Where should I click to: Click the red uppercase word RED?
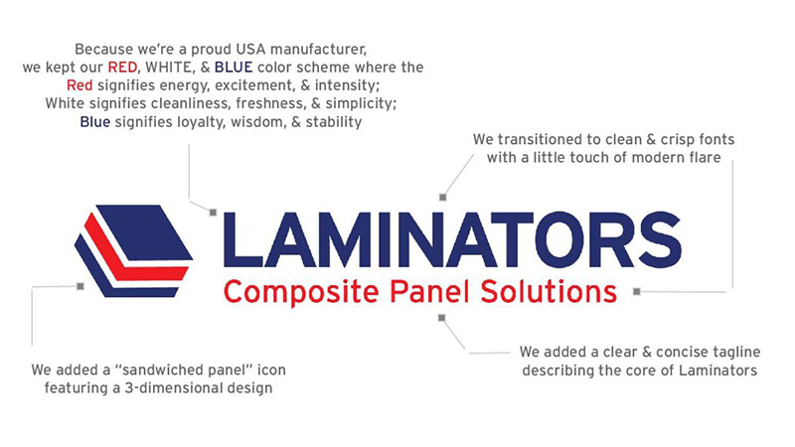point(122,68)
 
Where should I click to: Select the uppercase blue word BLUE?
point(234,68)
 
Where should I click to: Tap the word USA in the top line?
point(251,49)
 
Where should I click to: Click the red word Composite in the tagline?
point(301,293)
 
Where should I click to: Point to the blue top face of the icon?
point(144,232)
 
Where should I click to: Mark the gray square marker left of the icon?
point(80,286)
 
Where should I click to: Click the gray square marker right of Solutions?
point(637,291)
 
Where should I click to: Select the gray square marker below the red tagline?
point(441,318)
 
